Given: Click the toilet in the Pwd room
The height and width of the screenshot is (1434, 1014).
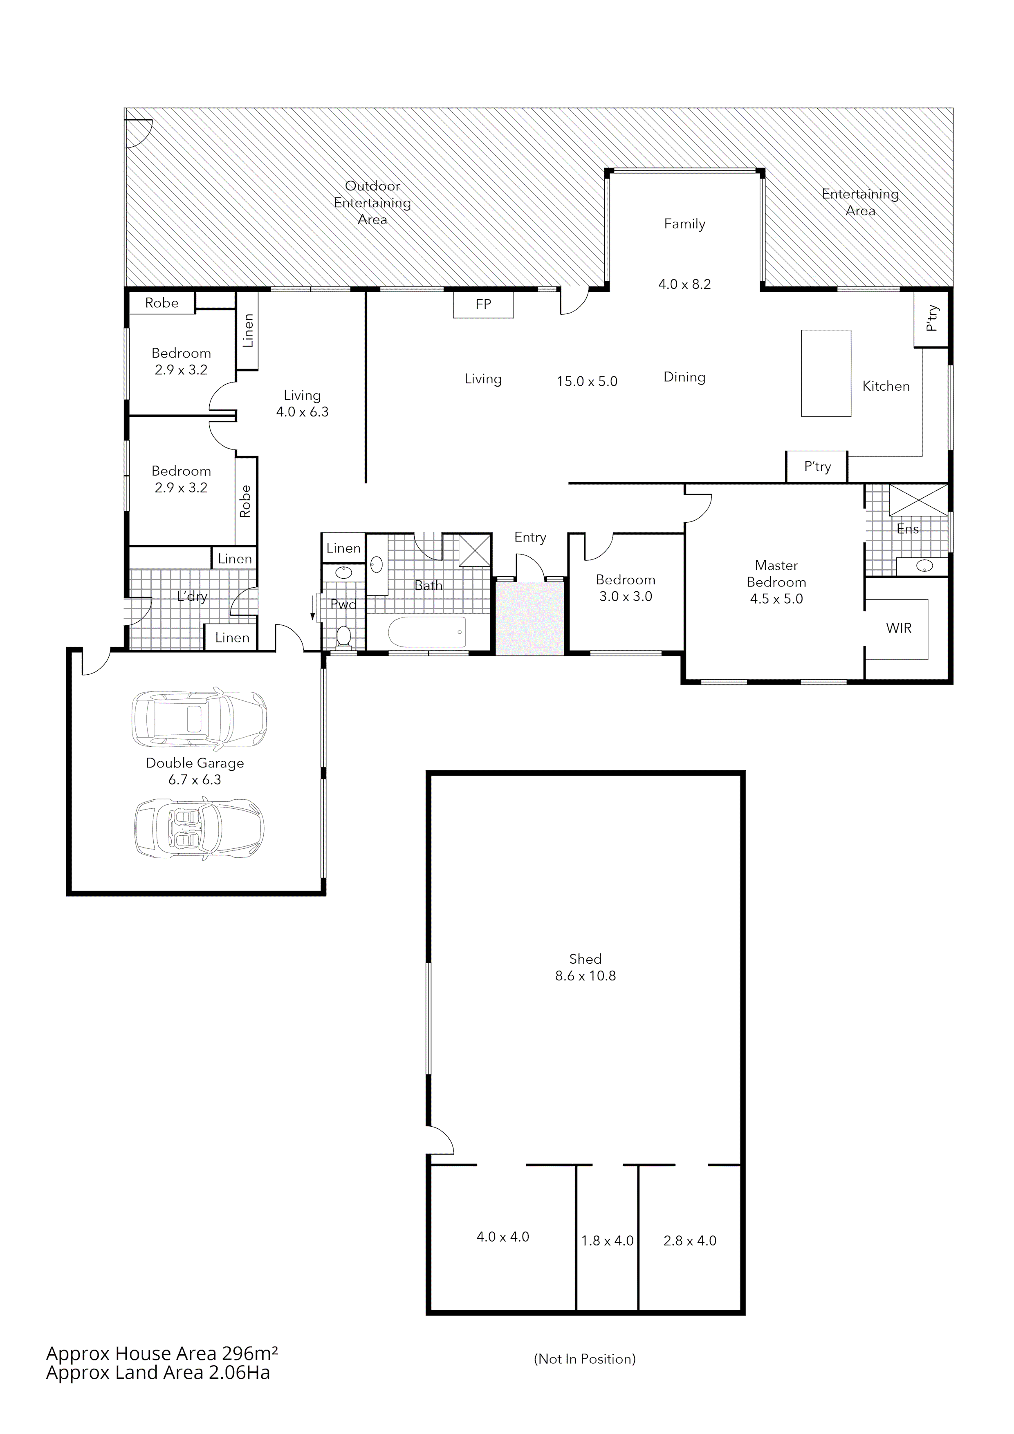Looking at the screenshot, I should [x=343, y=636].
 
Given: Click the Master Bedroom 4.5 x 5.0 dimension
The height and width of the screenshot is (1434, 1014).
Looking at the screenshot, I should [x=776, y=599].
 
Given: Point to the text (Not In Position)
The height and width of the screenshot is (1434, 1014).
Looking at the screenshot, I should [x=585, y=1359].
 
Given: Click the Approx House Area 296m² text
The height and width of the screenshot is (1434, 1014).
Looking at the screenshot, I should [x=162, y=1353].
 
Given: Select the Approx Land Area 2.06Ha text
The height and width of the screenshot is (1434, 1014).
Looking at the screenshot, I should [x=158, y=1373].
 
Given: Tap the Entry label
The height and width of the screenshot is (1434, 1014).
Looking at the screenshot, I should [x=530, y=537].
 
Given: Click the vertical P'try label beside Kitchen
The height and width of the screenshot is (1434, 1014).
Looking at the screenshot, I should [x=931, y=318].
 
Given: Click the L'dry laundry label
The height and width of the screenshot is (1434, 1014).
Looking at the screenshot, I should [x=192, y=597].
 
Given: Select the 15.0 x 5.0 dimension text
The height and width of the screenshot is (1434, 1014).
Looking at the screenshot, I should [x=587, y=382].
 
